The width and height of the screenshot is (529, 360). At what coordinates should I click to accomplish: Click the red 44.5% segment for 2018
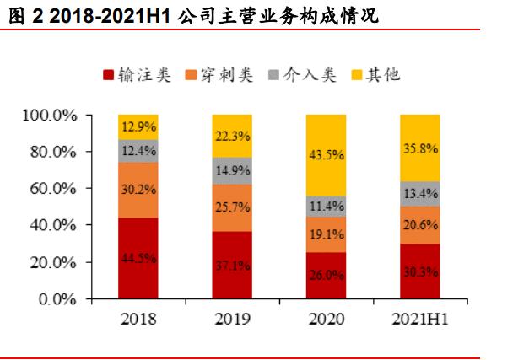(x=138, y=258)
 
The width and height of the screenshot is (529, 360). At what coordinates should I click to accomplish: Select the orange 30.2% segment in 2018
(x=138, y=190)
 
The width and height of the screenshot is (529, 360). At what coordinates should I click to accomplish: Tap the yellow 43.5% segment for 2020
(x=326, y=155)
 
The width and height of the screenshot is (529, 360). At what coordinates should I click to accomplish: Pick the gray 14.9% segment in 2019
(x=232, y=170)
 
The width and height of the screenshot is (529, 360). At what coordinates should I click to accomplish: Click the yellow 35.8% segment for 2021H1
(x=420, y=148)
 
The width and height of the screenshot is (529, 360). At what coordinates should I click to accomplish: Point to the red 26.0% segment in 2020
(x=326, y=275)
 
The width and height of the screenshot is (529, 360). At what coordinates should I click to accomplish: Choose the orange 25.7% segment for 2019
(x=232, y=207)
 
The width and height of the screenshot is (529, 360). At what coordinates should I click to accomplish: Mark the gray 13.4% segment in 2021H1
(x=420, y=193)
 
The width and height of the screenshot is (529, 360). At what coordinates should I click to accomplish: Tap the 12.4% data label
(x=138, y=151)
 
